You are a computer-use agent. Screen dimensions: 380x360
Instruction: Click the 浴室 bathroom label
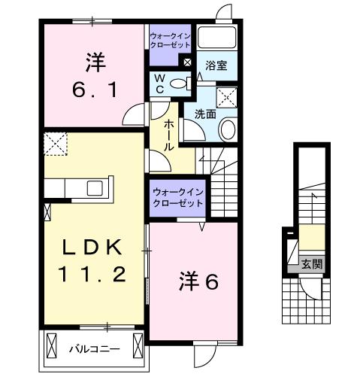216,65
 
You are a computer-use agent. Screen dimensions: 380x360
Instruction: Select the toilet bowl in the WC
179,84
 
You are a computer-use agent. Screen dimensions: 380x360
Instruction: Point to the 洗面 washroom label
206,114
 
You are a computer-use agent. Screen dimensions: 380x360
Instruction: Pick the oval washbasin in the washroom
228,128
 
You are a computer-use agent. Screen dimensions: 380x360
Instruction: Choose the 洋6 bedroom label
198,281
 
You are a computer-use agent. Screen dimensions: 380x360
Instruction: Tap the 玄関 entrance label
311,263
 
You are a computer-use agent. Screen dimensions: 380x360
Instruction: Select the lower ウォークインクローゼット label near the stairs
178,199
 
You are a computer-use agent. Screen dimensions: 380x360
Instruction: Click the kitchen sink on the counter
97,187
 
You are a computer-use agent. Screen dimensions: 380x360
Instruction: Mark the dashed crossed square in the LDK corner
55,144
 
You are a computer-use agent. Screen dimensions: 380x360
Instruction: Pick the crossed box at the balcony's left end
52,347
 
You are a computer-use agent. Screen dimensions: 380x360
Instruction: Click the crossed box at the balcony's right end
138,347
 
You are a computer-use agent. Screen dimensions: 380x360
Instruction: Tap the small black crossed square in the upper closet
187,62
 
